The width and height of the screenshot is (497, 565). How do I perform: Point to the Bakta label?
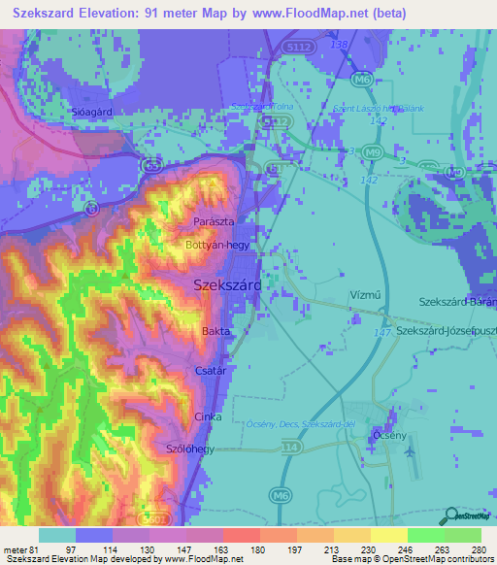[215, 332]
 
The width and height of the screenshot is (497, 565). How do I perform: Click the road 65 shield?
[151, 167]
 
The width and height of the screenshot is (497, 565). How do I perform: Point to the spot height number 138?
[338, 45]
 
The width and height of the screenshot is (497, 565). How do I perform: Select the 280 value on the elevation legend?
[478, 550]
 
